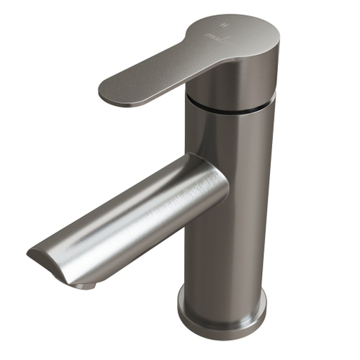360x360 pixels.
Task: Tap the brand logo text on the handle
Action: click(x=212, y=34)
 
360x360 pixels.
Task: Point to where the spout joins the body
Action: click(x=216, y=198)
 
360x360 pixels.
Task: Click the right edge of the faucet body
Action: click(x=272, y=216)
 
